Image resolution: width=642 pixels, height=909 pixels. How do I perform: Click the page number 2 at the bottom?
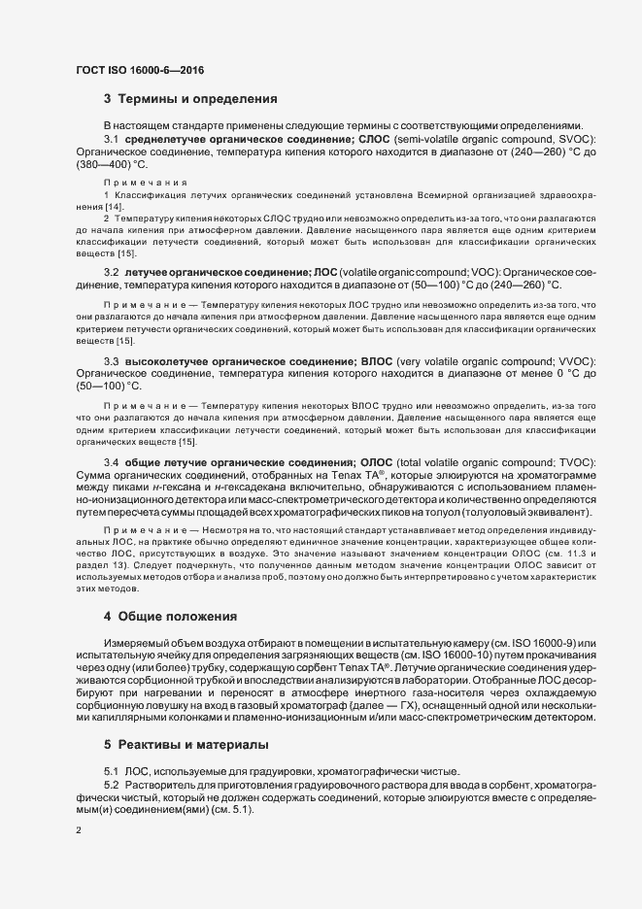(79, 831)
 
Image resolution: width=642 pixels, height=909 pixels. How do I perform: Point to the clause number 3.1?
(112, 140)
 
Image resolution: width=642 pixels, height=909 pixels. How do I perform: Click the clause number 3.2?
(112, 272)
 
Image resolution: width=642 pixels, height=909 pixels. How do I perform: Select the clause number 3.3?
(112, 361)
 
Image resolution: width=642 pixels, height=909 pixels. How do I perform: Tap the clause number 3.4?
(112, 462)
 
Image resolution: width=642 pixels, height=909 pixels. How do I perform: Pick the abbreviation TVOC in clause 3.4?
(574, 462)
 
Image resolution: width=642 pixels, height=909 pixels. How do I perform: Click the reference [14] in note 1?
(114, 208)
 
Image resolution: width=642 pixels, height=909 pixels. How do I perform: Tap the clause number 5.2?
(112, 784)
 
